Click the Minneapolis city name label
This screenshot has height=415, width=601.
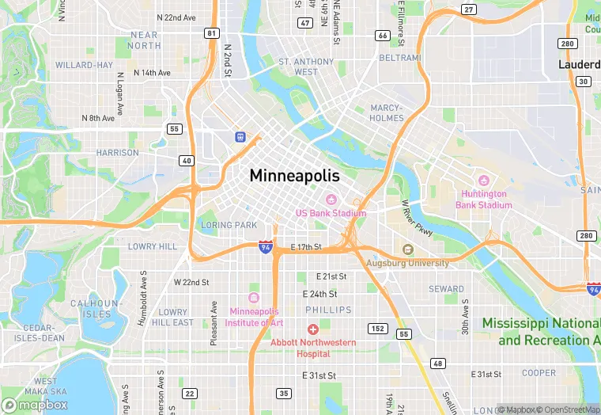(294, 176)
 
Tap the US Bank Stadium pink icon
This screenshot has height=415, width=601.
(331, 199)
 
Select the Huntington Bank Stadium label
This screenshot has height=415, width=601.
(483, 200)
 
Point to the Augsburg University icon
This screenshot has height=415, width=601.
(408, 249)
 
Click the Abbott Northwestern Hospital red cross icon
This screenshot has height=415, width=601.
(313, 329)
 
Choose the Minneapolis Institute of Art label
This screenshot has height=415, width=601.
(254, 317)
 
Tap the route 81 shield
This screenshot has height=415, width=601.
(211, 32)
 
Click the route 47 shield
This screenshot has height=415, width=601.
(304, 23)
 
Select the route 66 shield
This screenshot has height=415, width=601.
(383, 36)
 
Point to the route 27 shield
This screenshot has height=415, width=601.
(469, 10)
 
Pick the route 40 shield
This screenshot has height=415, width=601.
(187, 161)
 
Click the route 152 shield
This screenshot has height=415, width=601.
(378, 328)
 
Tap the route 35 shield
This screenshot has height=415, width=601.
(284, 393)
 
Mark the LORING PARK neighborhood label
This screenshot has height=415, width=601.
(229, 225)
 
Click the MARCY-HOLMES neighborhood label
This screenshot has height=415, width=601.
(387, 112)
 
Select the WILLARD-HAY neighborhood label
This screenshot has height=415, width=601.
(84, 65)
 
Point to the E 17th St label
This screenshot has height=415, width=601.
(306, 247)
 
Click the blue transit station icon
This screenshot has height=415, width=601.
(239, 136)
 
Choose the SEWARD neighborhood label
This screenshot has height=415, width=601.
(447, 289)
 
